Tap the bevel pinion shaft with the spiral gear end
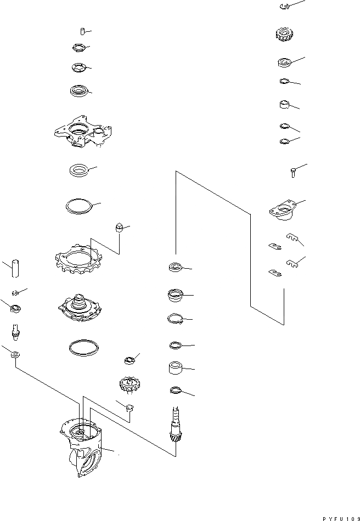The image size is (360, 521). [x=175, y=428]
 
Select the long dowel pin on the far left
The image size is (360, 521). [x=14, y=268]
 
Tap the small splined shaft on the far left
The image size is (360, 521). [x=15, y=331]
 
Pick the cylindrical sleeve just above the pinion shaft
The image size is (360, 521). [x=175, y=367]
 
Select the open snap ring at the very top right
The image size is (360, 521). [x=283, y=7]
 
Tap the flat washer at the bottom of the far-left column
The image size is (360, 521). [x=14, y=355]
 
